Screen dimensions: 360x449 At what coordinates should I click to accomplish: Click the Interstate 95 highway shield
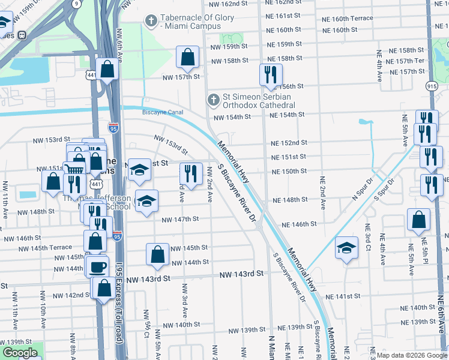coord(113,127)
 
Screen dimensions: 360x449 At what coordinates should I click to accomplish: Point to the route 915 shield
coord(432,86)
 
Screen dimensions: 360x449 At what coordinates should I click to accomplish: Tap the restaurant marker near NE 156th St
coord(271,74)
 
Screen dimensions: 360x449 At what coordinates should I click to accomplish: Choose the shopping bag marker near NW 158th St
coord(188,58)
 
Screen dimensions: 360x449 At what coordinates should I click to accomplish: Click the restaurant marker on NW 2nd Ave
coord(191,174)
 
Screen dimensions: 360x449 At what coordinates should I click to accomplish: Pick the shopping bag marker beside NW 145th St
coord(157,254)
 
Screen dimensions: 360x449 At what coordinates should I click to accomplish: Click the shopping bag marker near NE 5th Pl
coord(418,220)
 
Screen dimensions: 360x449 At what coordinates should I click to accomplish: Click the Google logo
coord(20,353)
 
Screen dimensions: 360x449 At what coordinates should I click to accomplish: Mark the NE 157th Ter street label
coord(406,61)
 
